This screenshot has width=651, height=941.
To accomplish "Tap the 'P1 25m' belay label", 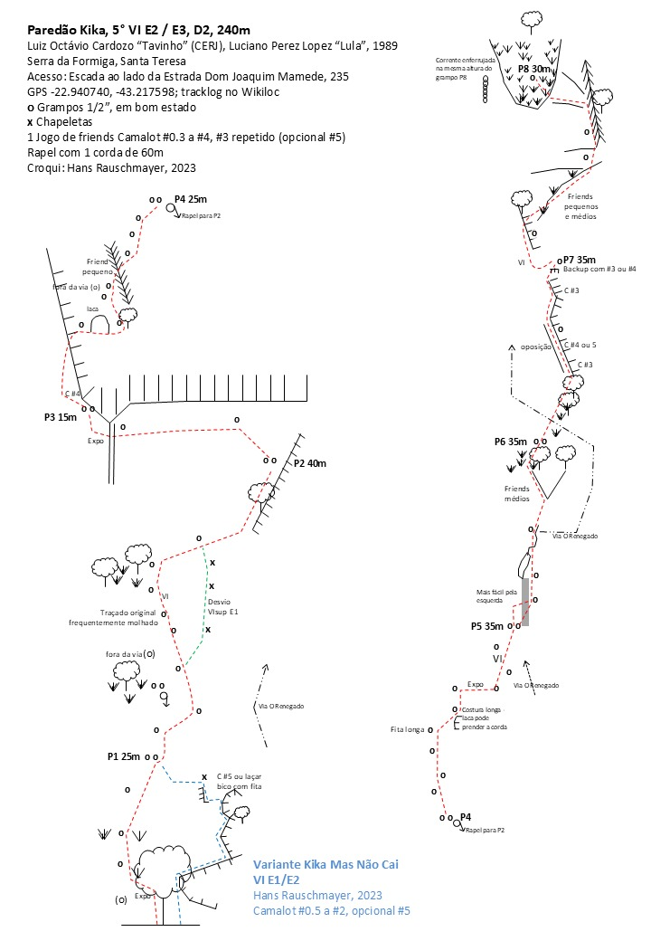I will click(x=125, y=756).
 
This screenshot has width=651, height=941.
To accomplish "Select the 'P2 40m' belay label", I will click(x=310, y=463).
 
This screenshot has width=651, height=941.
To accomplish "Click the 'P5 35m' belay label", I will click(x=487, y=625).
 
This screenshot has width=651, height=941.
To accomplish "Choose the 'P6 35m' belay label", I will click(x=510, y=442).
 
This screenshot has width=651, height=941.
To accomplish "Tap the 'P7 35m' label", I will click(x=579, y=259).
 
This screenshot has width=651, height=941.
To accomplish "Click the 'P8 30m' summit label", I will click(x=534, y=68).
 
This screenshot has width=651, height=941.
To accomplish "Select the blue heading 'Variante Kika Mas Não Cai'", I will click(x=325, y=865).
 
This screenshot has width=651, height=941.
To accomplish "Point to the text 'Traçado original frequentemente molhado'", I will click(x=113, y=617).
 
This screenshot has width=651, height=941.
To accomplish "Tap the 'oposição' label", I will click(x=536, y=347).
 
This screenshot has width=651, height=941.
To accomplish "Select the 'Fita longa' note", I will click(x=408, y=728).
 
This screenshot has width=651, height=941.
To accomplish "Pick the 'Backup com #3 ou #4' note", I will click(x=599, y=270).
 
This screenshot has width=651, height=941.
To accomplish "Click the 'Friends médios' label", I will click(x=520, y=493).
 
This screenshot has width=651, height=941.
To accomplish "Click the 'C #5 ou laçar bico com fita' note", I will click(x=240, y=782).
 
